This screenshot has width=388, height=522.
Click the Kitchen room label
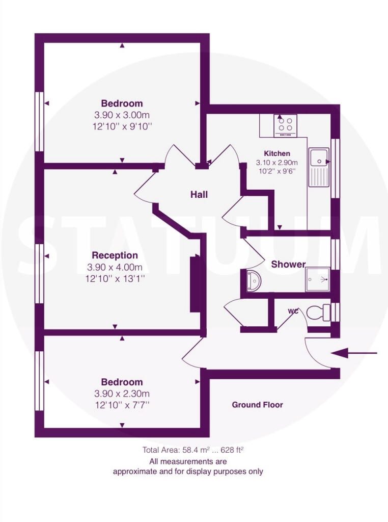point(277,153)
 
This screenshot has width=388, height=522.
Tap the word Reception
point(115,255)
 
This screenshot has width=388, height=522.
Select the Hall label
point(199,194)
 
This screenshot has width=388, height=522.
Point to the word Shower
point(288,265)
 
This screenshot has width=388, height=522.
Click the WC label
point(293,311)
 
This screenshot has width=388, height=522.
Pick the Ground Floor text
point(257,405)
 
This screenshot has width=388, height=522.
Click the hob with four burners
point(286,125)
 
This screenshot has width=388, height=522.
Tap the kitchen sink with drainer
point(319,167)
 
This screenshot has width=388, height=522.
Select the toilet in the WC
point(318,312)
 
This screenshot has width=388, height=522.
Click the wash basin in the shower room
point(255,281)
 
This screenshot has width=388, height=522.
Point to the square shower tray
point(318,279)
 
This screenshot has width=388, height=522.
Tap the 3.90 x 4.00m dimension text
point(115,267)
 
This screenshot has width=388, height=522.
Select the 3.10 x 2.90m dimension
point(276,163)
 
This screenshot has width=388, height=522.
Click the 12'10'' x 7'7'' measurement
point(122,405)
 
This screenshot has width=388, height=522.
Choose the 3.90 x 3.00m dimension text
point(122,115)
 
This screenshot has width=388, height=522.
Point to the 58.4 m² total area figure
point(196,450)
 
